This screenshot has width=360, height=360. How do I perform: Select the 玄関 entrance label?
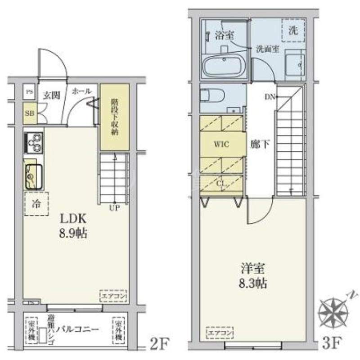[50, 95]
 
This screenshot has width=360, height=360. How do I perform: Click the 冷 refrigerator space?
[36, 203]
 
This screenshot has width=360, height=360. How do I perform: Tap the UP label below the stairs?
[114, 208]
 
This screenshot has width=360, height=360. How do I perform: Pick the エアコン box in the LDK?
[112, 296]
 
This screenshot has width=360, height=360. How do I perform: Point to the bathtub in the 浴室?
[224, 67]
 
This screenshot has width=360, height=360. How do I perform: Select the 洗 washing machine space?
[292, 31]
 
